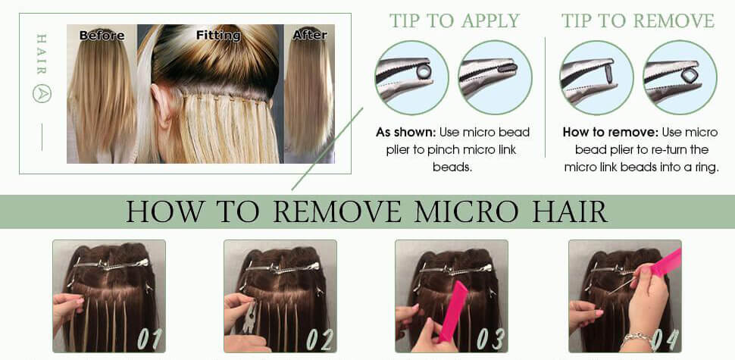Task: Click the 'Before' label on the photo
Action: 102,35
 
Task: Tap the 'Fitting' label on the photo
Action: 218,35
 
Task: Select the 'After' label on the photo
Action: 309,35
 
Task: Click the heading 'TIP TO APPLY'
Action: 454,20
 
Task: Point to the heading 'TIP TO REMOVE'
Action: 638,20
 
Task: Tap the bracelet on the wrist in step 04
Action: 635,337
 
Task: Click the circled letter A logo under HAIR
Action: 42,94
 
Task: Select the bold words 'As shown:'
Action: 405,133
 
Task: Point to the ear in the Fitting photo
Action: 168,103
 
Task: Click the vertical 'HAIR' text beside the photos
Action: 42,54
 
